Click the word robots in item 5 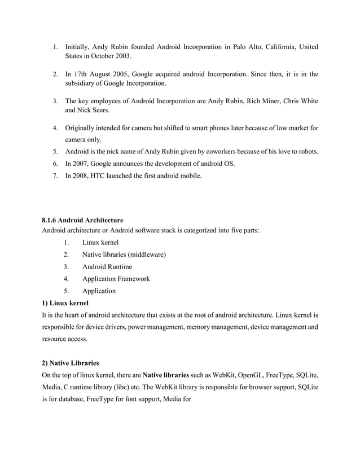tap(305, 152)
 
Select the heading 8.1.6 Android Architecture tap(82, 219)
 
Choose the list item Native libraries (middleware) tap(124, 254)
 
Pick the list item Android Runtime tap(107, 267)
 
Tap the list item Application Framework tap(116, 279)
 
